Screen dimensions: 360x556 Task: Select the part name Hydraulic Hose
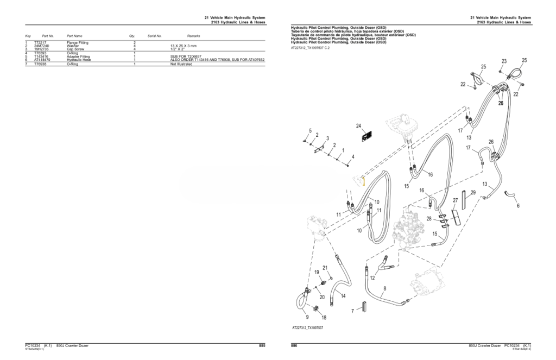[78, 59]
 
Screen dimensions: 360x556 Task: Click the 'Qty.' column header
[132, 35]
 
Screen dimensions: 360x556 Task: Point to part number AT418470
[42, 59]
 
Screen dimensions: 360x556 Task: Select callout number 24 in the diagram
[358, 127]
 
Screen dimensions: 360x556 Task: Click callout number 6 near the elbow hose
[517, 206]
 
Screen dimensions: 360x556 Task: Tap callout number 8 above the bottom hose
[385, 288]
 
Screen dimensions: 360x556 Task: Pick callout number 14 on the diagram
[343, 296]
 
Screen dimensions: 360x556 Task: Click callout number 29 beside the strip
[473, 193]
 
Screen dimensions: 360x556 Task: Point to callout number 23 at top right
[504, 61]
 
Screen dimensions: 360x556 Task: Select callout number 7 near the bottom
[352, 311]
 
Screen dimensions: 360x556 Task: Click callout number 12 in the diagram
[372, 278]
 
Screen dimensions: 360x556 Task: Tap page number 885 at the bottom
[262, 346]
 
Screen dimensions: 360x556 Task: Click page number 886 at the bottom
[294, 346]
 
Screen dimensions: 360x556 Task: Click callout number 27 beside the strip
[456, 200]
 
